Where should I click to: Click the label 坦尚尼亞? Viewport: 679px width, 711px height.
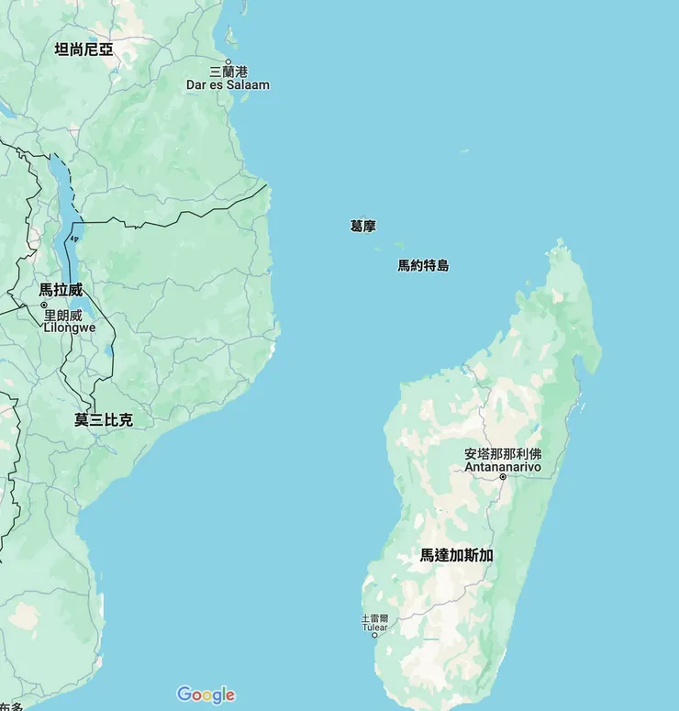pyautogui.click(x=83, y=50)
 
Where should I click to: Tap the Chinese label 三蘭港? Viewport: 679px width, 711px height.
pyautogui.click(x=228, y=72)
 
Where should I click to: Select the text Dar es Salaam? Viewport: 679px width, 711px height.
pyautogui.click(x=228, y=85)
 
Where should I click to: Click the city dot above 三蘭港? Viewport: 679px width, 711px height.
pyautogui.click(x=228, y=61)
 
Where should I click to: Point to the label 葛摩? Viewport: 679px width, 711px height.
pyautogui.click(x=362, y=226)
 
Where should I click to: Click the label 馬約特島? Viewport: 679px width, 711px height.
pyautogui.click(x=423, y=266)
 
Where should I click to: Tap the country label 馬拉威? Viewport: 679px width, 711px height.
pyautogui.click(x=61, y=290)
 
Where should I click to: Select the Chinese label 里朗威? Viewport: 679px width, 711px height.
pyautogui.click(x=63, y=315)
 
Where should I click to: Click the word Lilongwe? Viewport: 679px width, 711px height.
pyautogui.click(x=70, y=328)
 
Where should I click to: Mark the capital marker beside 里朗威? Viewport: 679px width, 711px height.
pyautogui.click(x=43, y=305)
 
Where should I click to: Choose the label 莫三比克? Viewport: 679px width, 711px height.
pyautogui.click(x=104, y=420)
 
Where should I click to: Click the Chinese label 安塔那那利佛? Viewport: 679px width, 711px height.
pyautogui.click(x=503, y=454)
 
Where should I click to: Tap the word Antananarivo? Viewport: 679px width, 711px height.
pyautogui.click(x=503, y=467)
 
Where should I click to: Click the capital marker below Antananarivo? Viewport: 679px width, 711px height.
pyautogui.click(x=502, y=477)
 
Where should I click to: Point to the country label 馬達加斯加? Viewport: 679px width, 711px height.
pyautogui.click(x=457, y=555)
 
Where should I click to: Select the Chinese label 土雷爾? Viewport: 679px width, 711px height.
pyautogui.click(x=374, y=618)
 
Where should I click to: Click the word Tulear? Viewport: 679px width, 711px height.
pyautogui.click(x=374, y=628)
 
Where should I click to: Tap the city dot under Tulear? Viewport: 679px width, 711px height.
pyautogui.click(x=374, y=636)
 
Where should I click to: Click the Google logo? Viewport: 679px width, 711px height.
pyautogui.click(x=206, y=694)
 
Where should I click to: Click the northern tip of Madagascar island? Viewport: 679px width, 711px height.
pyautogui.click(x=559, y=242)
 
